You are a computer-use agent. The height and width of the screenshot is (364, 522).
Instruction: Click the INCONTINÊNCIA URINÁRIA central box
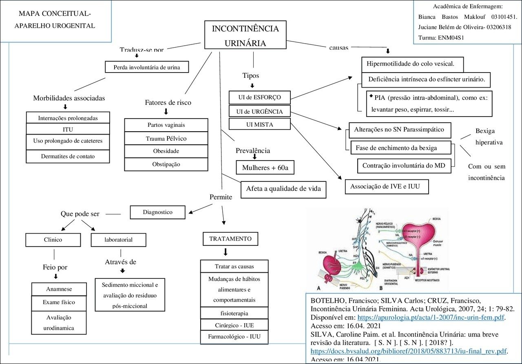246,36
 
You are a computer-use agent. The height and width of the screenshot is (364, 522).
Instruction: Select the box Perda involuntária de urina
147,67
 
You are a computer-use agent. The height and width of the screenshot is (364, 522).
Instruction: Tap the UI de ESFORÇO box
260,98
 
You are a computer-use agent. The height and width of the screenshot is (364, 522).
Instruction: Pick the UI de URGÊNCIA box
260,111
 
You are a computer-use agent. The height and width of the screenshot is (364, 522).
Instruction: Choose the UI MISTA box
260,124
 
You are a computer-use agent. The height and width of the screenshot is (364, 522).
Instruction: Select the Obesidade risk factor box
166,151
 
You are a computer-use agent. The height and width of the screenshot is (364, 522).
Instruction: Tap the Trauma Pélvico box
166,139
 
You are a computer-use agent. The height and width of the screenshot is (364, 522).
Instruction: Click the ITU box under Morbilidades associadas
68,130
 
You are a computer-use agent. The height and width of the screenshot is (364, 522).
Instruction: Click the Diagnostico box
157,212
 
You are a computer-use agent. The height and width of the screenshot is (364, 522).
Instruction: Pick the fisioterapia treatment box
234,313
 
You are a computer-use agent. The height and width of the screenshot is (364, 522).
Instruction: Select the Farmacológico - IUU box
234,338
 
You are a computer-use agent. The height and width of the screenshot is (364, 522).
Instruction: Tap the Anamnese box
59,289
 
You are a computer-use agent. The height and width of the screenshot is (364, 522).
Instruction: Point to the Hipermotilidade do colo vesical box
413,64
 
